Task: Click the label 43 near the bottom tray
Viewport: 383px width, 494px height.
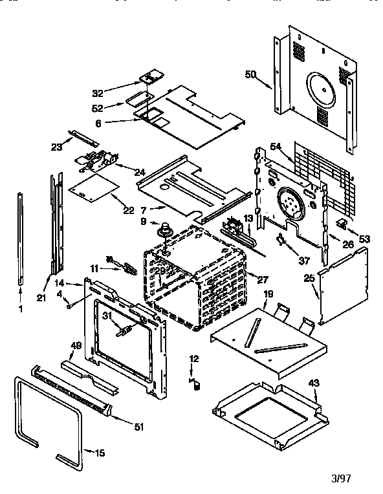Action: pos(313,383)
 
